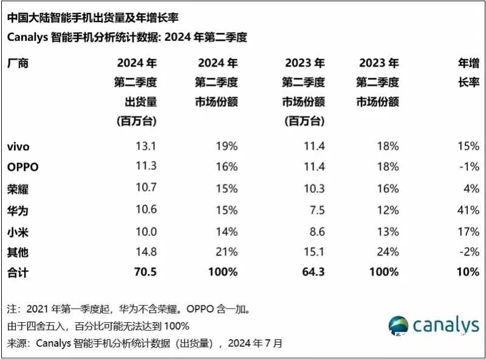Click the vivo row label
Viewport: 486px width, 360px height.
tap(18, 146)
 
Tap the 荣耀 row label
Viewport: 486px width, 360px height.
tap(18, 189)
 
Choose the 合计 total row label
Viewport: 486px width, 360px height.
tap(18, 272)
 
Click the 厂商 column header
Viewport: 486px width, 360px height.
tap(18, 63)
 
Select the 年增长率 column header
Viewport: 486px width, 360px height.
tap(467, 73)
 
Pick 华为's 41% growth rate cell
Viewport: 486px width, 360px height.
tap(470, 210)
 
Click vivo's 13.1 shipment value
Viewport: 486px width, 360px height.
tap(146, 146)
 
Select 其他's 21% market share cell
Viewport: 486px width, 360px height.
tap(227, 251)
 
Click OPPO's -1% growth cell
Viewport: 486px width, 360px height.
tap(470, 167)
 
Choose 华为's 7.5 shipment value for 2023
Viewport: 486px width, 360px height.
tap(317, 210)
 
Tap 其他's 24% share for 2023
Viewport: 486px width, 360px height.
tap(388, 251)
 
